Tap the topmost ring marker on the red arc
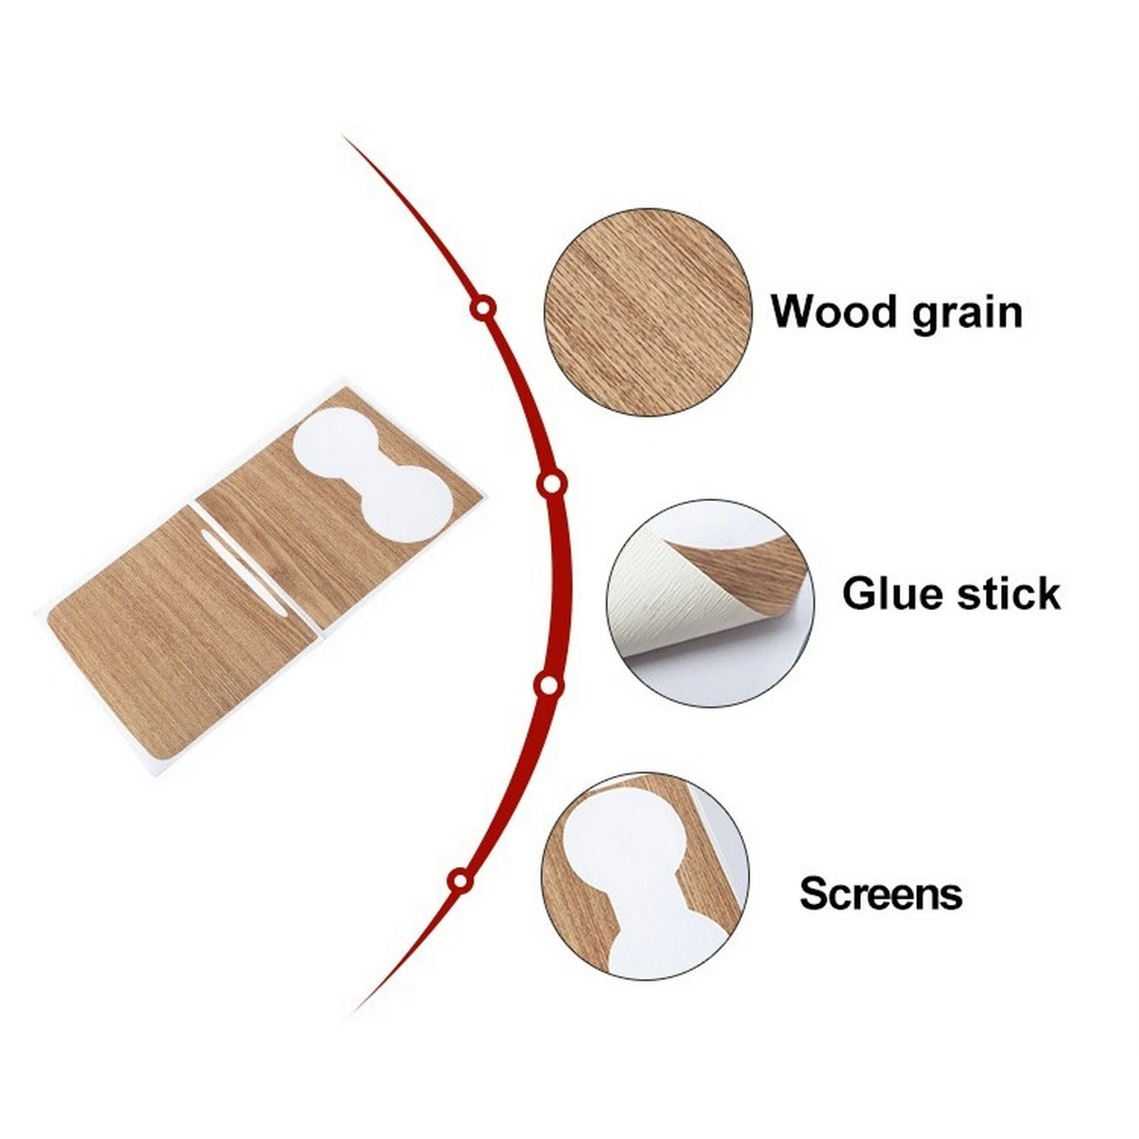(483, 309)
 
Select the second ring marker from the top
(550, 485)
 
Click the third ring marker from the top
(548, 686)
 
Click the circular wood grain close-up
(647, 312)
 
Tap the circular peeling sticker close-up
(710, 603)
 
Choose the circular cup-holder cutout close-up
(645, 875)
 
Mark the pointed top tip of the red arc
(345, 137)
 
